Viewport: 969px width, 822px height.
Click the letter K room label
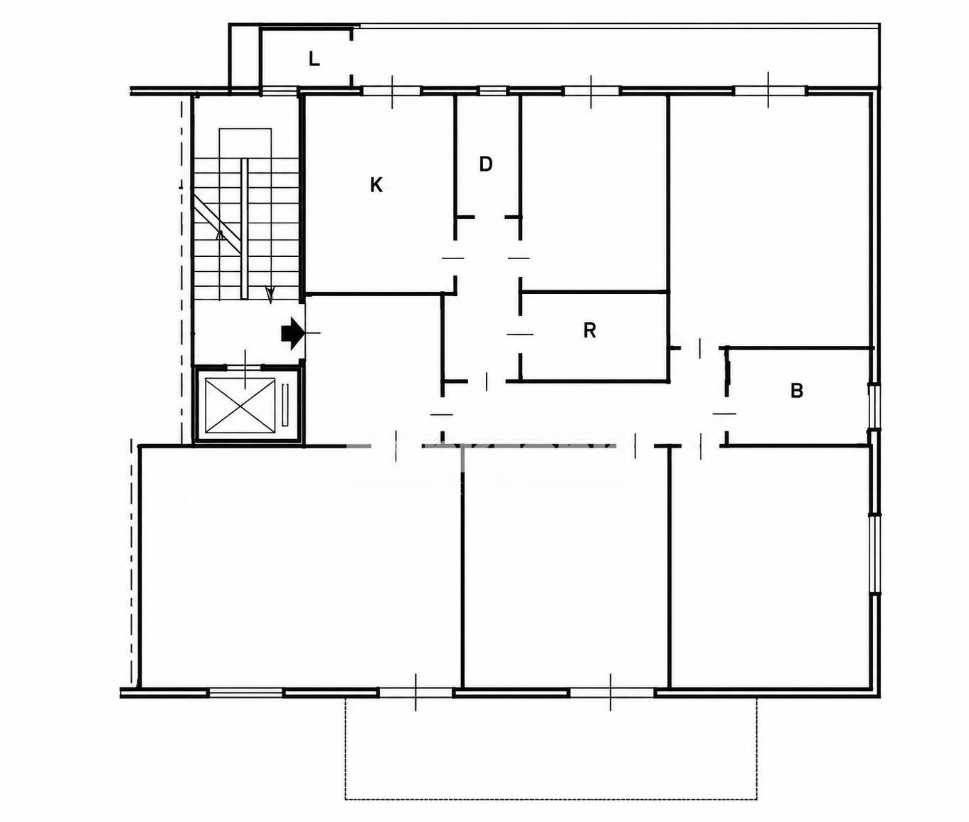click(x=376, y=185)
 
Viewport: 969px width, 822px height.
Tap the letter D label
click(x=486, y=164)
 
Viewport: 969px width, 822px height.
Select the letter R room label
click(x=589, y=331)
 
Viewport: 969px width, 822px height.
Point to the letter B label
click(x=797, y=391)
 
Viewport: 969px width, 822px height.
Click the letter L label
click(x=314, y=59)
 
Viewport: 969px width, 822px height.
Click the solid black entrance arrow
click(x=292, y=333)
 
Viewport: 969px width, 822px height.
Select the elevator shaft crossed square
click(x=240, y=406)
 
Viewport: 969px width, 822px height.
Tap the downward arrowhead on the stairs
click(x=270, y=295)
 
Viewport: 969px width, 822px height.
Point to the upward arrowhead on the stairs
click(x=219, y=235)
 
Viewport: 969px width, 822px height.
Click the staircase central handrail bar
click(x=244, y=228)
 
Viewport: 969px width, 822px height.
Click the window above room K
click(x=393, y=91)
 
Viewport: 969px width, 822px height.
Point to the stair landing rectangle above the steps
click(x=245, y=143)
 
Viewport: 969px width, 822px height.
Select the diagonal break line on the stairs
click(x=218, y=223)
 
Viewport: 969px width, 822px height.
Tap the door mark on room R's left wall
click(x=520, y=334)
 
